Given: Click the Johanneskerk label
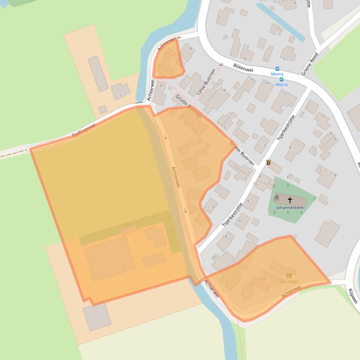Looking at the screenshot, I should coord(290,207).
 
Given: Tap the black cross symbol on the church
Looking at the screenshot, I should coord(290,200).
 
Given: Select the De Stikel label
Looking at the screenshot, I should coord(289,281).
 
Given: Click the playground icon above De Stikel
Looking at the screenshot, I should coord(289,275).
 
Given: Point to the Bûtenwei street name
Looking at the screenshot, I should coord(243,68).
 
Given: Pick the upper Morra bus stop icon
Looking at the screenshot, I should coord(277,69).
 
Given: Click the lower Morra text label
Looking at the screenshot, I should coord(281,85).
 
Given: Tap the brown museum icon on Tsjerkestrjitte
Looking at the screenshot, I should coord(268,163).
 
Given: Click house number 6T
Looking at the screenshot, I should coord(289,177).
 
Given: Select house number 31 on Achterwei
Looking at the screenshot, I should coord(168,54).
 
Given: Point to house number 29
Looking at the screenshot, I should coord(160,66).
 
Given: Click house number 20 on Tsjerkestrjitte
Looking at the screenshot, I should coord(214,257).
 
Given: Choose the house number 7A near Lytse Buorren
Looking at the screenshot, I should coord(223,90).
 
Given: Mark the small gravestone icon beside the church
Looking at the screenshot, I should coord(277,198).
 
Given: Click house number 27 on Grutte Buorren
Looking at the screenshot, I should coord(181,117).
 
